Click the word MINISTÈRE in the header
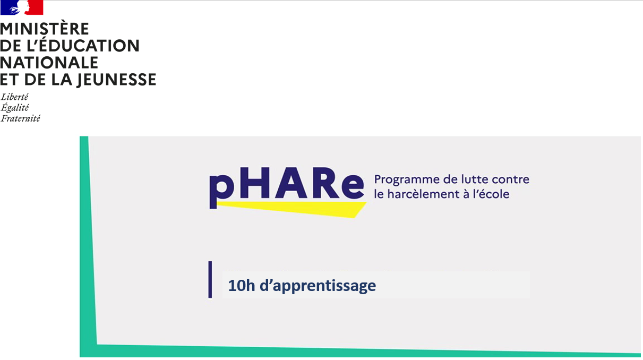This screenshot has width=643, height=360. [45, 29]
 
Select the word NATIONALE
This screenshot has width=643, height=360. [49, 63]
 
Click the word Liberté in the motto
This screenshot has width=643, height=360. [14, 97]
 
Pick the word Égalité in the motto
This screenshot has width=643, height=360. [15, 108]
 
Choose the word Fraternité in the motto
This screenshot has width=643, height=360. [20, 118]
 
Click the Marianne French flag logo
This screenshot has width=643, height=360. [22, 7]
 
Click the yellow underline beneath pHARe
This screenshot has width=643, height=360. [297, 209]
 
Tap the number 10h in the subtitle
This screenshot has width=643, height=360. [239, 286]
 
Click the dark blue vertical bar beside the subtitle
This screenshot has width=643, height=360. [210, 279]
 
